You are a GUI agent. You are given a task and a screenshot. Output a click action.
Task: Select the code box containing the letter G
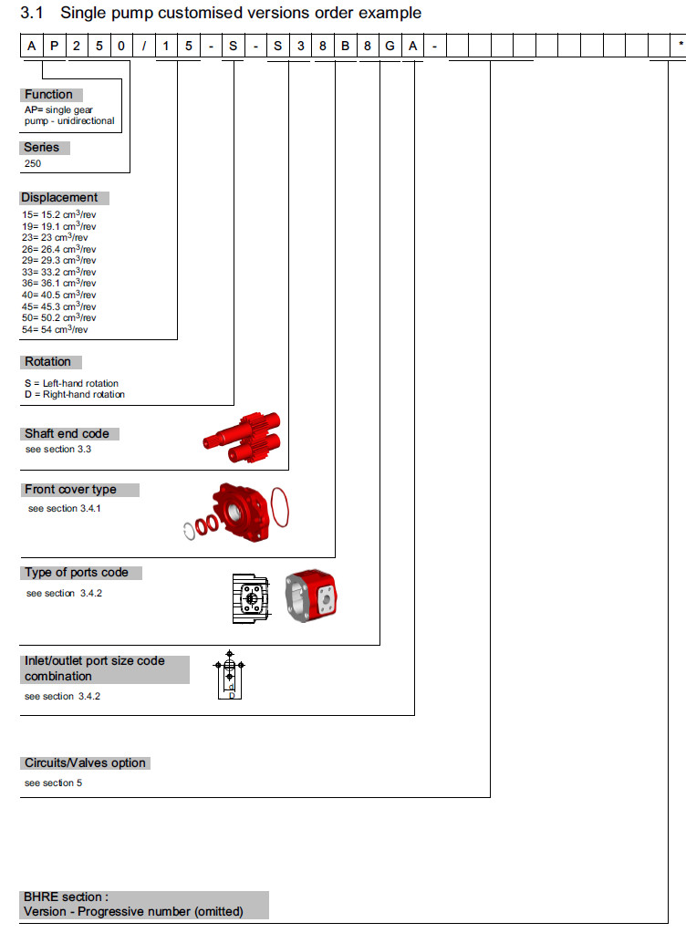[390, 45]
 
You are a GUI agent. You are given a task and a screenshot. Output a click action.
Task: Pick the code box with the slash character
[143, 45]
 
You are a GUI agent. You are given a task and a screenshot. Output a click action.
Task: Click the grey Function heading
[51, 95]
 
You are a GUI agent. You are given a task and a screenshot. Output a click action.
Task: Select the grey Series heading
[44, 148]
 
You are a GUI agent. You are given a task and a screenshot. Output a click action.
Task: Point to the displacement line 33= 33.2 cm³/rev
[59, 272]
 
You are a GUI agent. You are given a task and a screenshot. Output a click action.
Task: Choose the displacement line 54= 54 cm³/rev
[56, 329]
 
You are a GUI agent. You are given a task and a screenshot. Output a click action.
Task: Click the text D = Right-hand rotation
[75, 395]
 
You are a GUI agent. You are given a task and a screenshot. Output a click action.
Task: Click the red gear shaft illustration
[242, 439]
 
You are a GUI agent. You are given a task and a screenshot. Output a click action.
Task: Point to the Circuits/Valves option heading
[85, 763]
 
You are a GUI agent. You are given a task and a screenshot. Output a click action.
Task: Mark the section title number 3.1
[33, 13]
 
